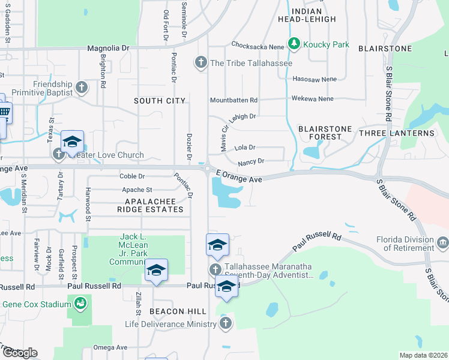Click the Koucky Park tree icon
pyautogui.click(x=294, y=43)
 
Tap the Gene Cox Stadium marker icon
pyautogui.click(x=80, y=304)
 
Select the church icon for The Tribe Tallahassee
pyautogui.click(x=200, y=62)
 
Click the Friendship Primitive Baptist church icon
pyautogui.click(x=82, y=89)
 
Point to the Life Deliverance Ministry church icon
pyautogui.click(x=225, y=324)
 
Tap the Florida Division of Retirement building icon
pyautogui.click(x=443, y=243)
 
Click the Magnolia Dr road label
pyautogui.click(x=108, y=47)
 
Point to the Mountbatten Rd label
pyautogui.click(x=234, y=100)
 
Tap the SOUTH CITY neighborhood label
pyautogui.click(x=159, y=101)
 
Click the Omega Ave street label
pyautogui.click(x=110, y=347)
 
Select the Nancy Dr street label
pyautogui.click(x=251, y=161)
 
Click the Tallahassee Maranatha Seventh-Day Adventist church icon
pyautogui.click(x=215, y=269)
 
